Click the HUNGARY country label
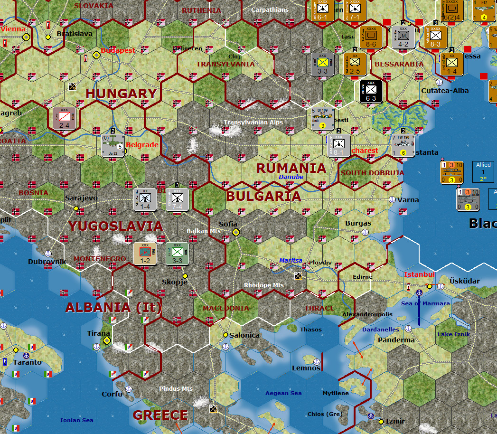click(121, 94)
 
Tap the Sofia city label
click(228, 224)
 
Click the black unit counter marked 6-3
click(371, 91)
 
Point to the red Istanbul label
click(419, 274)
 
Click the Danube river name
click(291, 177)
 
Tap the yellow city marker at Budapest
click(96, 55)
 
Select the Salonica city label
click(244, 335)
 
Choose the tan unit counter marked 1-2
click(145, 254)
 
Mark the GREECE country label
click(160, 415)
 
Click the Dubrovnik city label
click(47, 262)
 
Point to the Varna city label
click(408, 200)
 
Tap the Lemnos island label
click(306, 368)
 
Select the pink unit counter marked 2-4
click(65, 119)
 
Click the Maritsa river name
click(291, 261)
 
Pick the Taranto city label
click(27, 362)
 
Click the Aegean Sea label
click(283, 393)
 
